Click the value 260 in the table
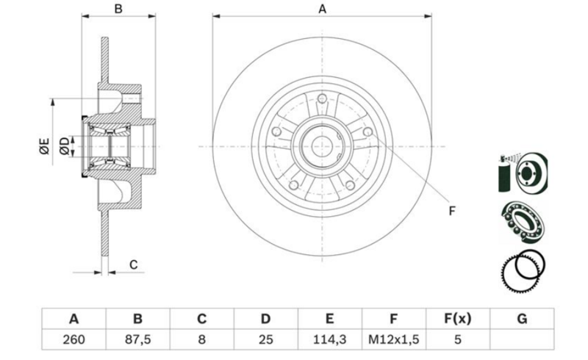pos(74,339)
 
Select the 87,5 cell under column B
pos(137,339)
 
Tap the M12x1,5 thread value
pos(393,339)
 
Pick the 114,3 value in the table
pos(329,339)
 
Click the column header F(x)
pos(457,319)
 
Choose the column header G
pos(522,319)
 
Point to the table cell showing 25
pos(265,339)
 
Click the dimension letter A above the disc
pos(322,9)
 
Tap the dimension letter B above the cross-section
pos(118,9)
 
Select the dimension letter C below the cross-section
pos(134,264)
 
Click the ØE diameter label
pos(44,146)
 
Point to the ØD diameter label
pos(65,146)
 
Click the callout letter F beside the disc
pos(452,211)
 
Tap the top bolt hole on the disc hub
pos(322,99)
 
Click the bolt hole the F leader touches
pos(368,132)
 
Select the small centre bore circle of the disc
pos(322,146)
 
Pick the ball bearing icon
pos(523,222)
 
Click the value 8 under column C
pos(201,339)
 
